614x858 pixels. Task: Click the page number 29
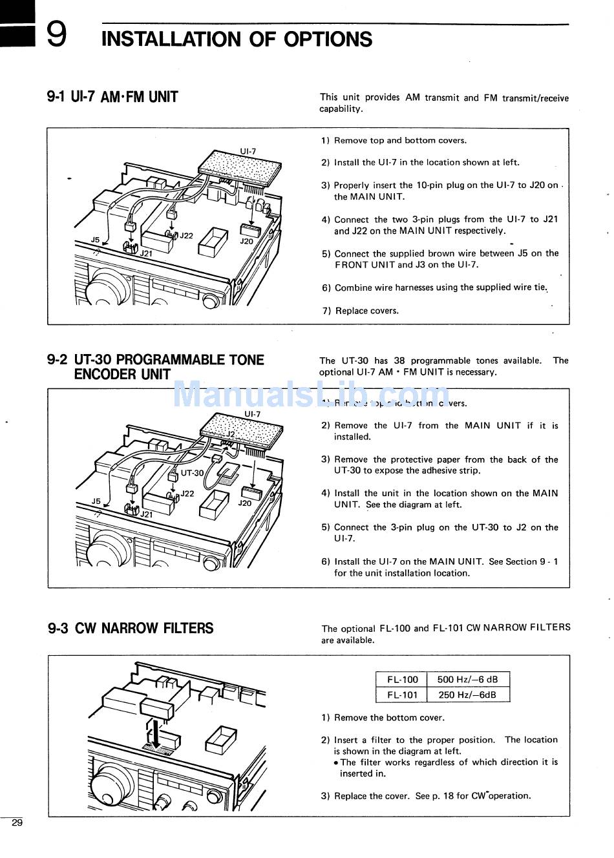coord(17,822)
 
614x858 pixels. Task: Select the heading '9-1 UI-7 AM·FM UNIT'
coord(112,98)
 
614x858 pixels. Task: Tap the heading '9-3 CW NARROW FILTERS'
coord(131,628)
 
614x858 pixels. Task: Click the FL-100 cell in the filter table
coord(402,680)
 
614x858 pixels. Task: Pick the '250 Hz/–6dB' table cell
coord(467,695)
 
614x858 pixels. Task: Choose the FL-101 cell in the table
coord(402,695)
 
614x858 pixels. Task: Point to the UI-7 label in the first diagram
coord(248,152)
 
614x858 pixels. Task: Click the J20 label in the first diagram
coord(246,242)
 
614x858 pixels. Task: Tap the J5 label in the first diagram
coord(95,240)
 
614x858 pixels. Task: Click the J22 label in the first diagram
coord(186,236)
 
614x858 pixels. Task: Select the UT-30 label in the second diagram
coord(192,473)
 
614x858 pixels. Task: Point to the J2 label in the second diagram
coord(231,435)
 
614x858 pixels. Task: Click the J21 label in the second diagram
coord(147,514)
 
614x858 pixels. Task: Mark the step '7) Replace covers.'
coord(361,311)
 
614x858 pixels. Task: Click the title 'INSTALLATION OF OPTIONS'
coord(237,39)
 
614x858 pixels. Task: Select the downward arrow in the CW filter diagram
coord(155,730)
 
